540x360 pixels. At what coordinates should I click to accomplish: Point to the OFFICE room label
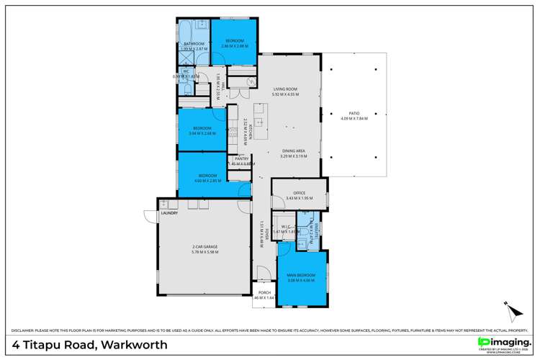pos(296,193)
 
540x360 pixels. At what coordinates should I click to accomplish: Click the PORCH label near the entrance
pos(264,293)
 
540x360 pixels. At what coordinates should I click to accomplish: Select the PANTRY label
pos(241,159)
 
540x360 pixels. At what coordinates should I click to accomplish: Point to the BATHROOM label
pos(193,45)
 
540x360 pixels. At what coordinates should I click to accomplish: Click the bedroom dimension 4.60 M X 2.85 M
pos(208,180)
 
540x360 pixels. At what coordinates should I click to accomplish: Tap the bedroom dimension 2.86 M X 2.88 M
pos(235,45)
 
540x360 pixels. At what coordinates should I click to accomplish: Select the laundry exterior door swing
pos(149,217)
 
